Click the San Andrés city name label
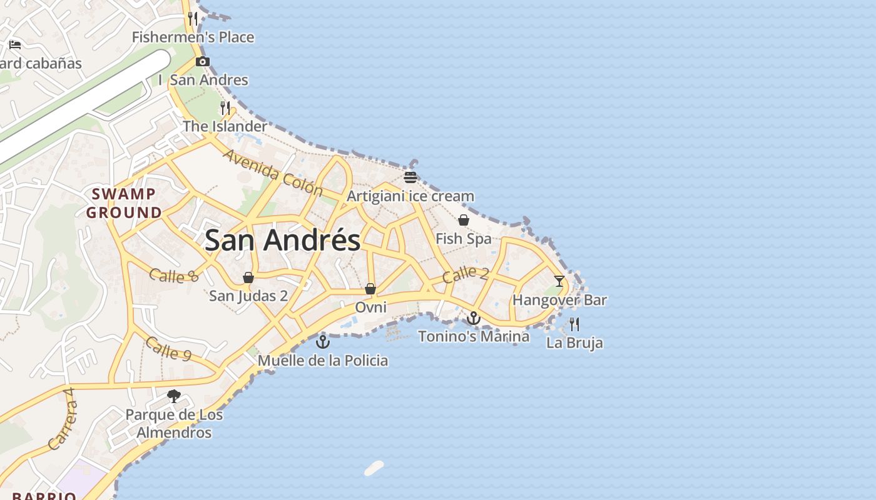(x=282, y=241)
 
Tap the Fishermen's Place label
(x=193, y=37)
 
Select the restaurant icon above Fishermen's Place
(x=193, y=19)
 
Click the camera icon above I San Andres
(x=203, y=61)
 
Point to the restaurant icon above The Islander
(x=225, y=107)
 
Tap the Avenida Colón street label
(x=272, y=172)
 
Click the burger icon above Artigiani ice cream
(x=410, y=177)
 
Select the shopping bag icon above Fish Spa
(x=464, y=220)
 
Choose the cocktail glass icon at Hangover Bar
(x=559, y=281)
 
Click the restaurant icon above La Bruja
(x=574, y=324)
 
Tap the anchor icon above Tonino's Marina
(x=474, y=319)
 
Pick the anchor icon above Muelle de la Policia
(x=323, y=342)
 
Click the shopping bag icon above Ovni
(x=370, y=289)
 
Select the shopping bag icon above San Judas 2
(x=248, y=277)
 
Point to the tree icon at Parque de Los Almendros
(x=174, y=396)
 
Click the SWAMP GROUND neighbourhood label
(x=124, y=203)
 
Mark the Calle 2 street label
(x=466, y=274)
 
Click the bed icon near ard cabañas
(x=15, y=44)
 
